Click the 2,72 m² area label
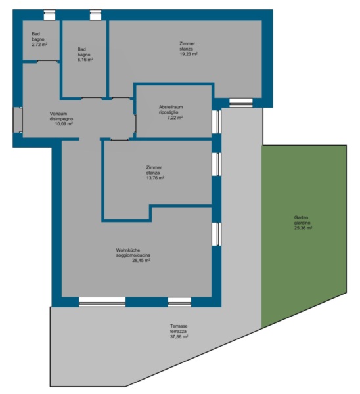pyautogui.click(x=39, y=45)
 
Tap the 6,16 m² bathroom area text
pyautogui.click(x=85, y=60)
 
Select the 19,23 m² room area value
pyautogui.click(x=189, y=54)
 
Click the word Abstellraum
pyautogui.click(x=171, y=107)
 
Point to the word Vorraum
pyautogui.click(x=58, y=114)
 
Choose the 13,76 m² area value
pyautogui.click(x=155, y=178)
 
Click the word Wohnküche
pyautogui.click(x=128, y=250)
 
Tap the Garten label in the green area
pyautogui.click(x=301, y=217)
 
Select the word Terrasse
pyautogui.click(x=179, y=326)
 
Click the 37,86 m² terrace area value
pyautogui.click(x=179, y=337)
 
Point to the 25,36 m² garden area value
pyautogui.click(x=304, y=228)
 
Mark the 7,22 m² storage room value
pyautogui.click(x=175, y=118)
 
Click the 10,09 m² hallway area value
pyautogui.click(x=64, y=124)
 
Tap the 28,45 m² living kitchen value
pyautogui.click(x=141, y=261)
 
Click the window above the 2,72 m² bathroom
pyautogui.click(x=49, y=15)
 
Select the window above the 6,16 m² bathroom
pyautogui.click(x=95, y=15)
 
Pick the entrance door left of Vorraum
pyautogui.click(x=18, y=120)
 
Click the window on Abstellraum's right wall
pyautogui.click(x=216, y=121)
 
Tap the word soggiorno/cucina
pyautogui.click(x=133, y=255)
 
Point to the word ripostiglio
pyautogui.click(x=168, y=112)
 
